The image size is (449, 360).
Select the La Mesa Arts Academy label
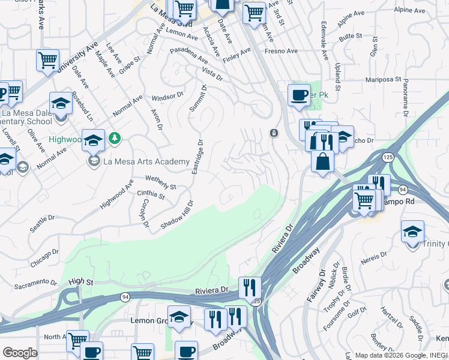[x=146, y=161]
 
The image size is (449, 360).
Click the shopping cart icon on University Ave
[x=47, y=61]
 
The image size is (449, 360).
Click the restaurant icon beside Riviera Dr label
[x=249, y=288]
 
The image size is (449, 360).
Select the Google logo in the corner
[x=20, y=353]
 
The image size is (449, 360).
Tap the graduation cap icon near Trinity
[x=412, y=232]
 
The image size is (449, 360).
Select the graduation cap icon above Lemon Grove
[x=179, y=317]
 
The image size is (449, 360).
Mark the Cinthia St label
[x=151, y=195]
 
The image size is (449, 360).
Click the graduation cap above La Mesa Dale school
[x=61, y=103]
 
